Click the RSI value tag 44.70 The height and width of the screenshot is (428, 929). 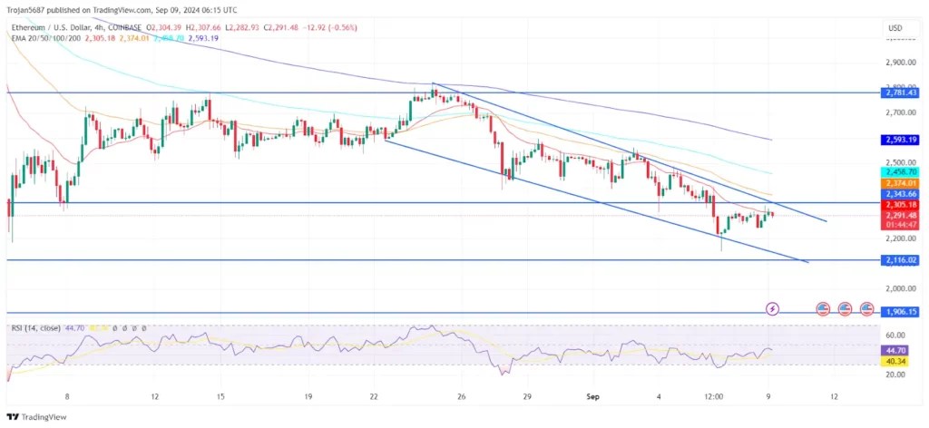coord(896,348)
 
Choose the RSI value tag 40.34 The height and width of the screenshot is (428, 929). coord(896,360)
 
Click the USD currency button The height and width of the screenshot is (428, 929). coord(895,29)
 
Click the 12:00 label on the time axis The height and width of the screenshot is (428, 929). coord(714,395)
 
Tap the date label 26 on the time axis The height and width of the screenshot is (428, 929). coord(462,395)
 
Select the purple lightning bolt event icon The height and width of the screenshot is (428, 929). coord(772,309)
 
